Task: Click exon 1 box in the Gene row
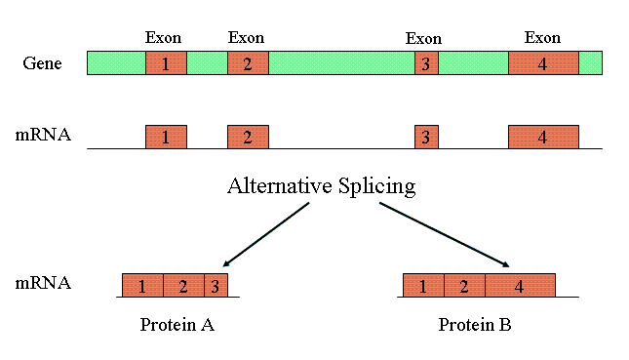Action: tap(166, 63)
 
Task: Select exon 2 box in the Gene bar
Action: tap(248, 63)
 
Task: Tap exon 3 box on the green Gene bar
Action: tap(426, 63)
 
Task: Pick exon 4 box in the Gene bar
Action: tap(543, 63)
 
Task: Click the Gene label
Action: tap(43, 63)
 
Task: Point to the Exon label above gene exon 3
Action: tap(423, 38)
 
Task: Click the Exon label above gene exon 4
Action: tap(542, 37)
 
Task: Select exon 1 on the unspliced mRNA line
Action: tap(166, 137)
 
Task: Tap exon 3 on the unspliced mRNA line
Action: tap(426, 137)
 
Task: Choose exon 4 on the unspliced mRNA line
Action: tap(543, 137)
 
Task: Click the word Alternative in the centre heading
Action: tap(275, 186)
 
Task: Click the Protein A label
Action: tap(177, 325)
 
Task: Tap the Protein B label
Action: tap(475, 325)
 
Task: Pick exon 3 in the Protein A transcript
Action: tap(215, 286)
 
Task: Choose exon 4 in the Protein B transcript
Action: tap(520, 286)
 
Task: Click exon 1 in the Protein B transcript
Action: tap(423, 286)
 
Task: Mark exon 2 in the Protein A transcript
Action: tap(182, 286)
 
